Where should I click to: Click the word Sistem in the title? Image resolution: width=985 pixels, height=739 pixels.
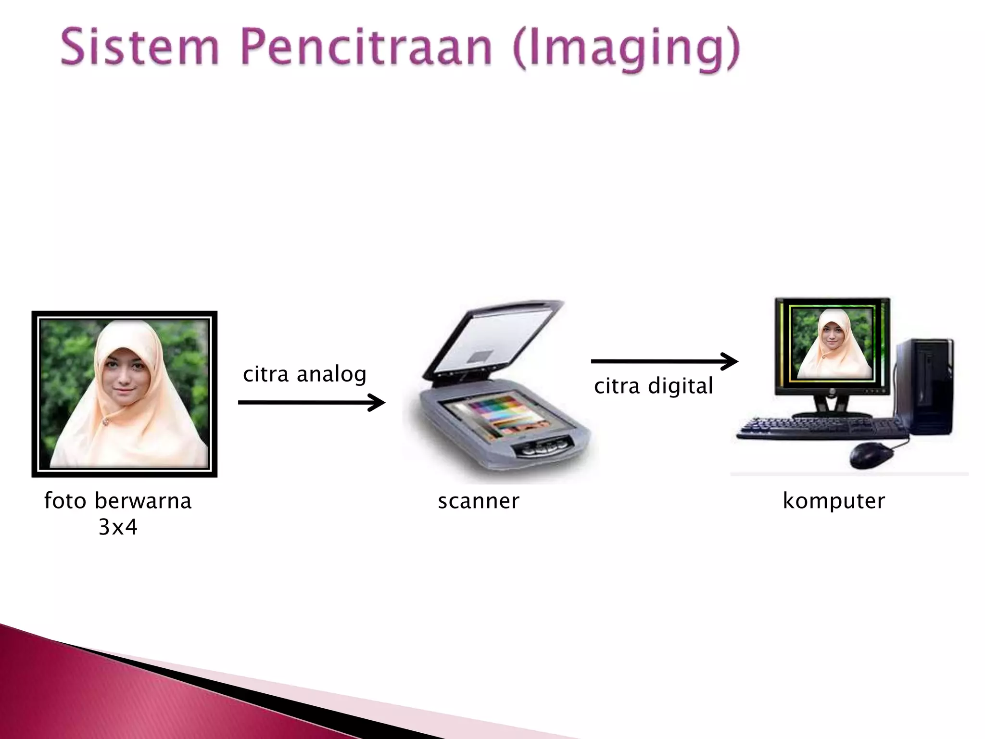tap(139, 48)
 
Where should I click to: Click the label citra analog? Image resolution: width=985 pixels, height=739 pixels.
tap(304, 374)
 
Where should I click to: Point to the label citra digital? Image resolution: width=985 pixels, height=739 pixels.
tap(653, 386)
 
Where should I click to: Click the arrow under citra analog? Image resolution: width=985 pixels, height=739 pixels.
tap(311, 402)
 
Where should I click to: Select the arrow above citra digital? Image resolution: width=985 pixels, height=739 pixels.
tap(664, 361)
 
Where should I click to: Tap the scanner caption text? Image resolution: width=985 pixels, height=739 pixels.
tap(479, 501)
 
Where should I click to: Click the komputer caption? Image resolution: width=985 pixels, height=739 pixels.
tap(833, 501)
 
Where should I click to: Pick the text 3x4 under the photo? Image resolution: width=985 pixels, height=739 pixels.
tap(118, 527)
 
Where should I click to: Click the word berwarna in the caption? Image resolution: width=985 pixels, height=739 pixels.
tap(143, 501)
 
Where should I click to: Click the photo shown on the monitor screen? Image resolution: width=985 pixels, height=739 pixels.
tap(832, 344)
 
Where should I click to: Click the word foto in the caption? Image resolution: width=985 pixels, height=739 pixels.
tap(65, 501)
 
